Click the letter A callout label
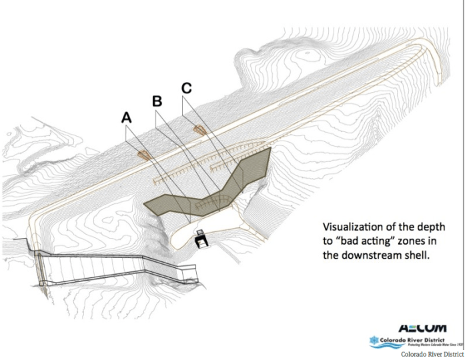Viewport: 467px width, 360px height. [127, 117]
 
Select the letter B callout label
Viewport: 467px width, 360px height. [157, 101]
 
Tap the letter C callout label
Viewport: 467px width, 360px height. [187, 87]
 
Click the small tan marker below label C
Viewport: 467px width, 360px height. [199, 128]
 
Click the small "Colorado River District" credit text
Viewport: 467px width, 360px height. [431, 354]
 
